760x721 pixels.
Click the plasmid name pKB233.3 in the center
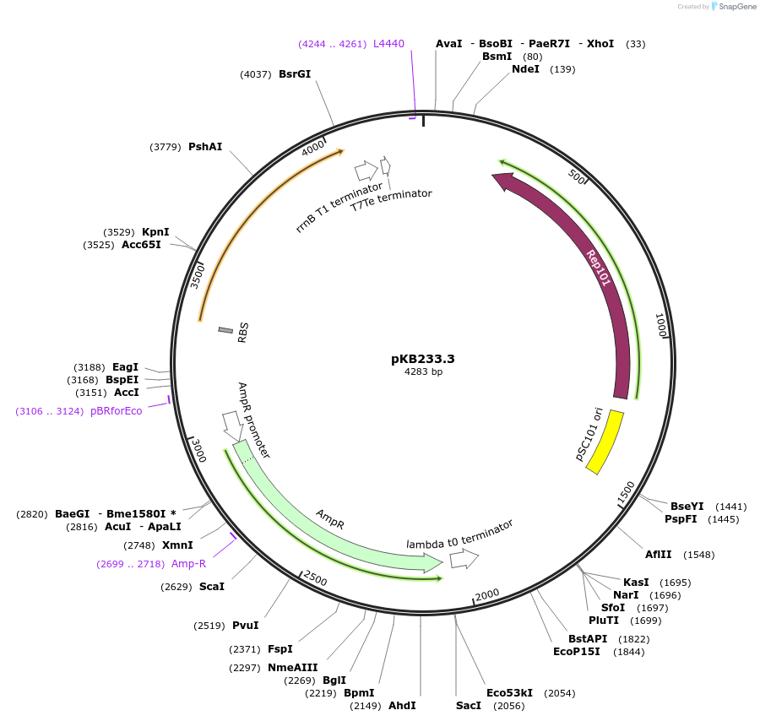(423, 359)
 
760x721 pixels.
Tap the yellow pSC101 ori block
(605, 442)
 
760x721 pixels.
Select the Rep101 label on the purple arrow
(599, 268)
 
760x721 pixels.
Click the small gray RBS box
(225, 330)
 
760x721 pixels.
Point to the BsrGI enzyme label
(295, 73)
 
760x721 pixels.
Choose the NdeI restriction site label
(525, 69)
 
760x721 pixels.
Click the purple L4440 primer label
(389, 43)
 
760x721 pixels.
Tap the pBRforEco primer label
(117, 411)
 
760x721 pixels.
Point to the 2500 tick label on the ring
(314, 578)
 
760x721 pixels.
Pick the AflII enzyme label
(659, 555)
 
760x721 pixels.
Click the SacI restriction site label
(468, 705)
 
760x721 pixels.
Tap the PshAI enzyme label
(205, 147)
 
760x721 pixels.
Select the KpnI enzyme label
(155, 232)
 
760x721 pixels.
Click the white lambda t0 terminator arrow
(464, 559)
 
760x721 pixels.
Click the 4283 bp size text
(423, 372)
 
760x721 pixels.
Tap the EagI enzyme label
(125, 367)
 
